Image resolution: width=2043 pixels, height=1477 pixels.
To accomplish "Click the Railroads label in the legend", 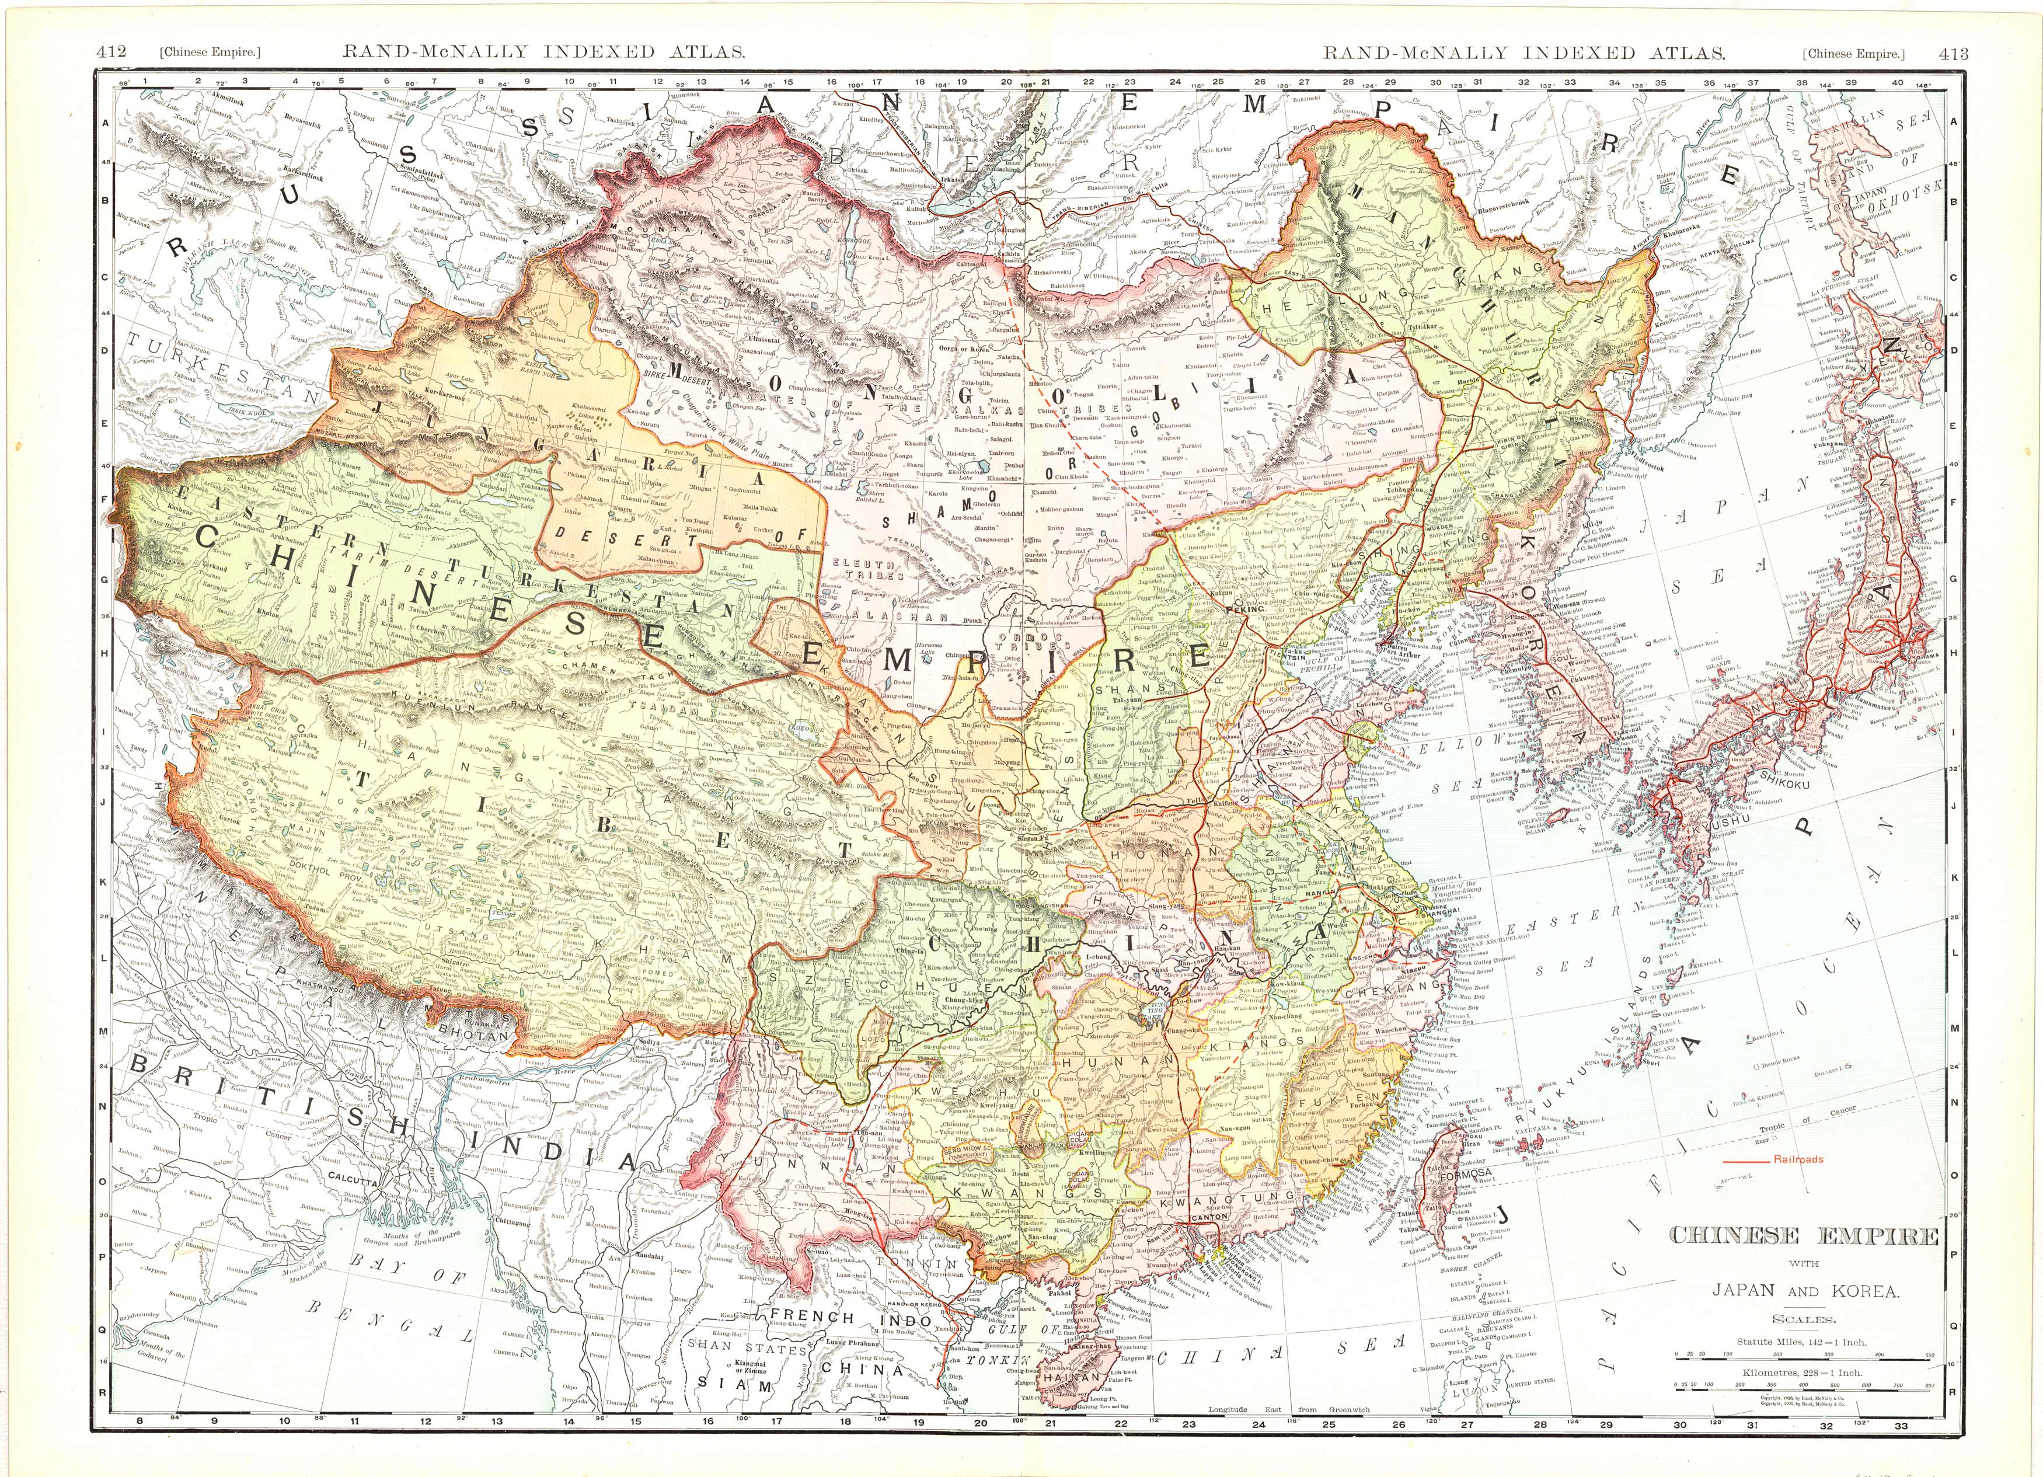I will [x=1798, y=1159].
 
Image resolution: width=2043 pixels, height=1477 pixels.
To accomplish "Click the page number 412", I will [x=111, y=53].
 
